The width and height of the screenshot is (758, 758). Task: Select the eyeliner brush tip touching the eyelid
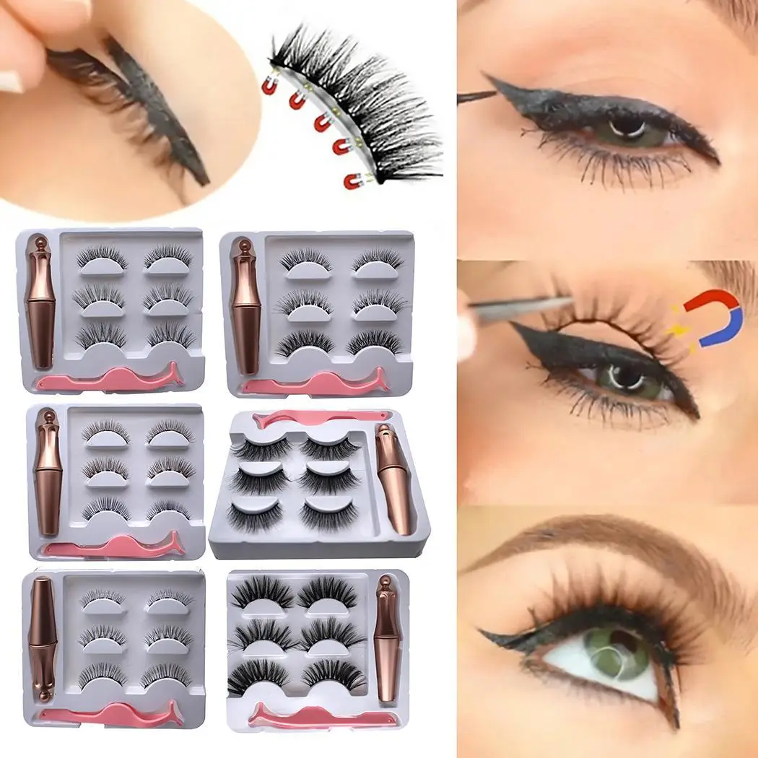tap(476, 95)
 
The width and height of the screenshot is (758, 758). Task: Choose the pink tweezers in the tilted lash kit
tap(318, 417)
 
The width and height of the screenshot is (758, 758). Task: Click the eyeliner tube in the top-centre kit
tap(246, 310)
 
